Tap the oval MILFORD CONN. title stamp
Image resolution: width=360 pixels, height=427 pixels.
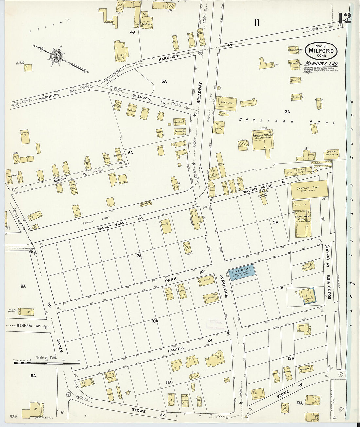pyautogui.click(x=321, y=50)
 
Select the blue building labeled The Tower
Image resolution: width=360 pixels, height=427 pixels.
pyautogui.click(x=243, y=273)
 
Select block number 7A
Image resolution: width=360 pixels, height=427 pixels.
pyautogui.click(x=139, y=256)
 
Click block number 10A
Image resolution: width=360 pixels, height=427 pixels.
pyautogui.click(x=155, y=321)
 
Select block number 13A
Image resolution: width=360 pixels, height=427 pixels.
pyautogui.click(x=299, y=403)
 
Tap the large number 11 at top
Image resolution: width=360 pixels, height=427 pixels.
pyautogui.click(x=256, y=22)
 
